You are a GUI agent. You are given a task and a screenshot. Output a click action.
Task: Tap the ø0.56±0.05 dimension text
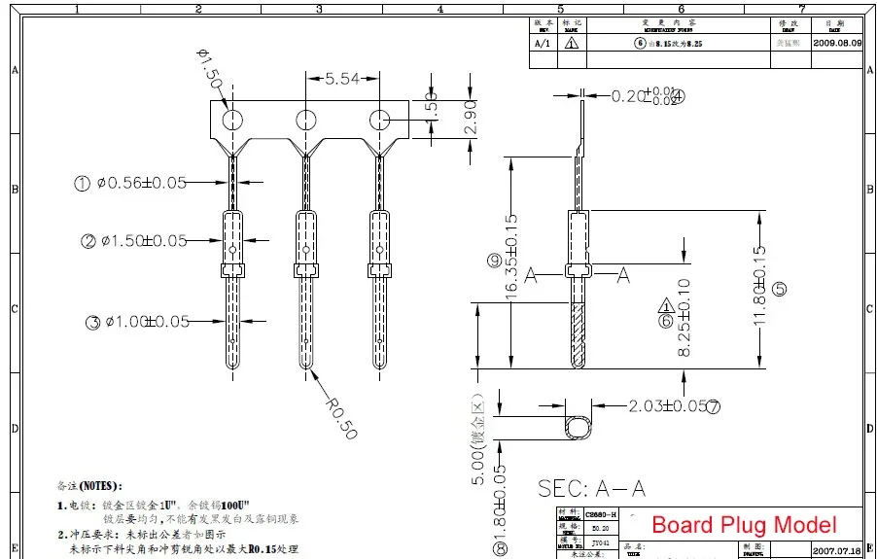(x=141, y=183)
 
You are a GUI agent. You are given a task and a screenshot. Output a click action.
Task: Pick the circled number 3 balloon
(x=92, y=323)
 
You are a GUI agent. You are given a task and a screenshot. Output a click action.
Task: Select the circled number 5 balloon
(x=780, y=289)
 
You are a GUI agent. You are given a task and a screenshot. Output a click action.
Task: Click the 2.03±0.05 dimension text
(x=666, y=405)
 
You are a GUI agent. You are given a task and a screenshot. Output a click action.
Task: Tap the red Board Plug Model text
(x=743, y=525)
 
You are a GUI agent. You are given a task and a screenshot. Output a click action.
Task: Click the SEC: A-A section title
(x=591, y=488)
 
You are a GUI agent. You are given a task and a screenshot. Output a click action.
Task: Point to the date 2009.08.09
(x=837, y=44)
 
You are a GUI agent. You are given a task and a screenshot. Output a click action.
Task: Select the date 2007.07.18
(x=837, y=550)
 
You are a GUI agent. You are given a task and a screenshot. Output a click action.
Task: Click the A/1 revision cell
(x=543, y=44)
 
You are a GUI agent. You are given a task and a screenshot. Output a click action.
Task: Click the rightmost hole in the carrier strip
(x=378, y=120)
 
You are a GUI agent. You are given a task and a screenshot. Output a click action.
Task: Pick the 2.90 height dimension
(x=471, y=117)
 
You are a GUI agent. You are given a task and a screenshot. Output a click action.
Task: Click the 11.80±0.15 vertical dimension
(x=760, y=288)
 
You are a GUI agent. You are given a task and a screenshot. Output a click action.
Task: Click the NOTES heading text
(x=89, y=485)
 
